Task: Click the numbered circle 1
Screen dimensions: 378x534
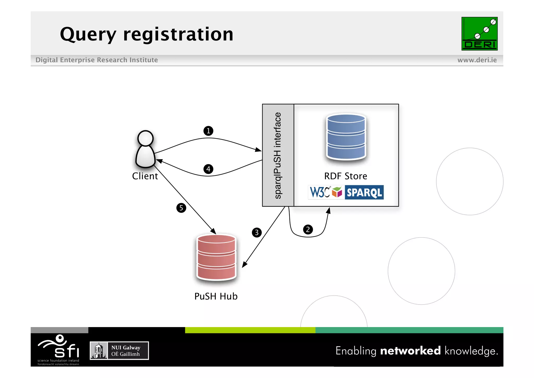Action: [x=208, y=131]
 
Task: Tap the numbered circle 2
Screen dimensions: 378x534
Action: [x=308, y=229]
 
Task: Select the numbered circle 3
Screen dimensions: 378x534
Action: [x=257, y=232]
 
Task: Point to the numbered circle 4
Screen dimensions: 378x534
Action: [x=208, y=169]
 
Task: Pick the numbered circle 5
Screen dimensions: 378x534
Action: [x=181, y=208]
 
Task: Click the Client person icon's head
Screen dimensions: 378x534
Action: [x=145, y=138]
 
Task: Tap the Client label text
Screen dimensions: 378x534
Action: [x=145, y=176]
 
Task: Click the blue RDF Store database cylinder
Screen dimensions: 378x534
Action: [x=346, y=137]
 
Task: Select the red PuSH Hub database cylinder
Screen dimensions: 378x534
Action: [x=216, y=257]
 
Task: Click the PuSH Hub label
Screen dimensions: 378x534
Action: [x=216, y=296]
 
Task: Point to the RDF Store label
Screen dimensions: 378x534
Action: [x=345, y=176]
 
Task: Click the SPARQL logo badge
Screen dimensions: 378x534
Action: [x=364, y=193]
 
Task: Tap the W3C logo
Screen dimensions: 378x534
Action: [x=319, y=193]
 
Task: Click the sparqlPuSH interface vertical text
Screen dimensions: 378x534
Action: [x=278, y=155]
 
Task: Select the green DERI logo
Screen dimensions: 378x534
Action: [x=479, y=34]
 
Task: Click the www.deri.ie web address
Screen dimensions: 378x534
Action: [x=477, y=60]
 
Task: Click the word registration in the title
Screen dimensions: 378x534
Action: [x=178, y=34]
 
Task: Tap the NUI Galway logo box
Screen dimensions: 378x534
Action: [x=119, y=351]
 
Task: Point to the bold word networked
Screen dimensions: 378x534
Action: [x=410, y=351]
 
